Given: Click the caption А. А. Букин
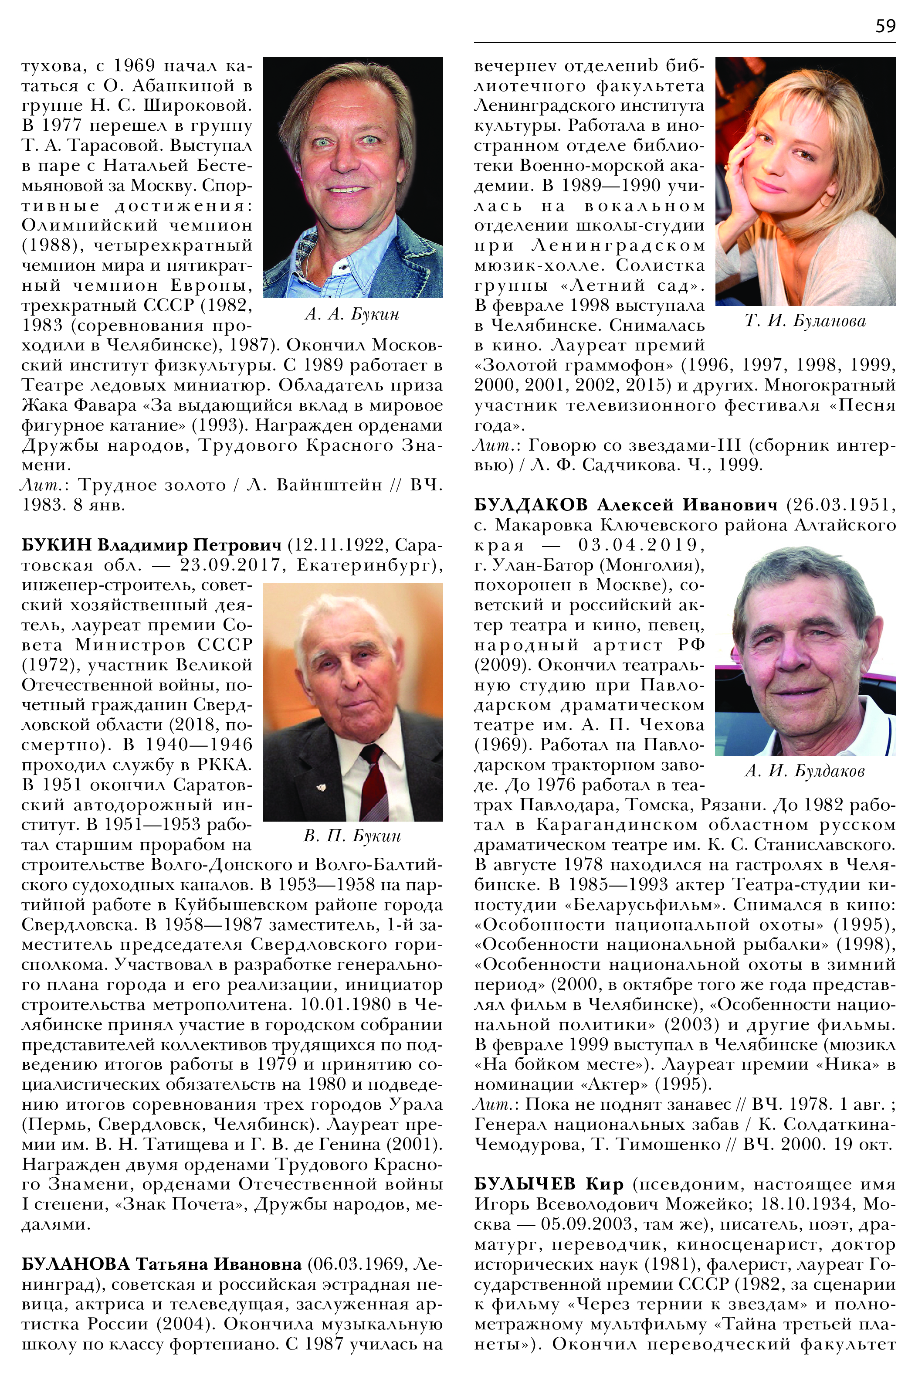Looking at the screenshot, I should click(x=352, y=315).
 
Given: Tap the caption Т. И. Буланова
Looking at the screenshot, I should click(x=805, y=321).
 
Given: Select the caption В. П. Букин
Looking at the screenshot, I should click(x=352, y=836).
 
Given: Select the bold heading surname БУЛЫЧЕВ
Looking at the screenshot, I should click(x=525, y=1184).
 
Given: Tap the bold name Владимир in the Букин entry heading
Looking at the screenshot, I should click(x=143, y=545).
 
